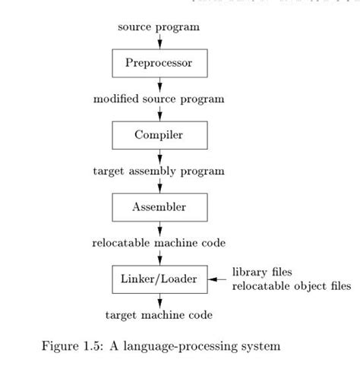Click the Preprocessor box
click(159, 62)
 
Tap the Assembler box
click(159, 206)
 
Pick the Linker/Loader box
click(159, 279)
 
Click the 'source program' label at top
click(159, 27)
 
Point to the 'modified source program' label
click(159, 99)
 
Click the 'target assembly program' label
click(159, 171)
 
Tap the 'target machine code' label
click(159, 314)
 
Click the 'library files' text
click(262, 272)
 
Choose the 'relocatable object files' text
click(291, 286)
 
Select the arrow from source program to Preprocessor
click(159, 41)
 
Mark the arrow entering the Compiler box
click(159, 113)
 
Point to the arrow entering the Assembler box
click(159, 185)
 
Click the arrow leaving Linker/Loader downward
click(159, 300)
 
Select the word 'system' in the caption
click(261, 348)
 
